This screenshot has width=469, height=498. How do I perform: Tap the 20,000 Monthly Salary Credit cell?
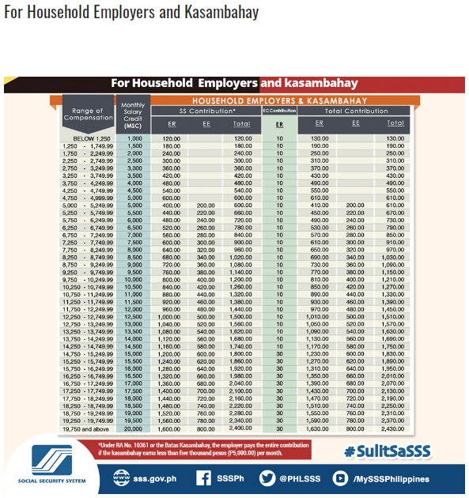[x=134, y=429]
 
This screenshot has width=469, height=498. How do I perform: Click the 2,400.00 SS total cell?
[x=242, y=429]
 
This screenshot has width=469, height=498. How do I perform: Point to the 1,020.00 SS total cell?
[x=242, y=258]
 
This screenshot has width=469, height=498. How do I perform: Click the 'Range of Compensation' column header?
[x=87, y=115]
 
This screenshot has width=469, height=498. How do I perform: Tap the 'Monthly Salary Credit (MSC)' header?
[x=134, y=115]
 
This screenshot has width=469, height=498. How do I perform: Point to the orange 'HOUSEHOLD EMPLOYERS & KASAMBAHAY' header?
[x=279, y=101]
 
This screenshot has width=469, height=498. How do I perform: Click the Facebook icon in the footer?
[x=203, y=477]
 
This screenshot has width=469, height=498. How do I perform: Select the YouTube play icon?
[x=340, y=477]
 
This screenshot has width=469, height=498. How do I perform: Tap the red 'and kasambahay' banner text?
[x=309, y=83]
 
